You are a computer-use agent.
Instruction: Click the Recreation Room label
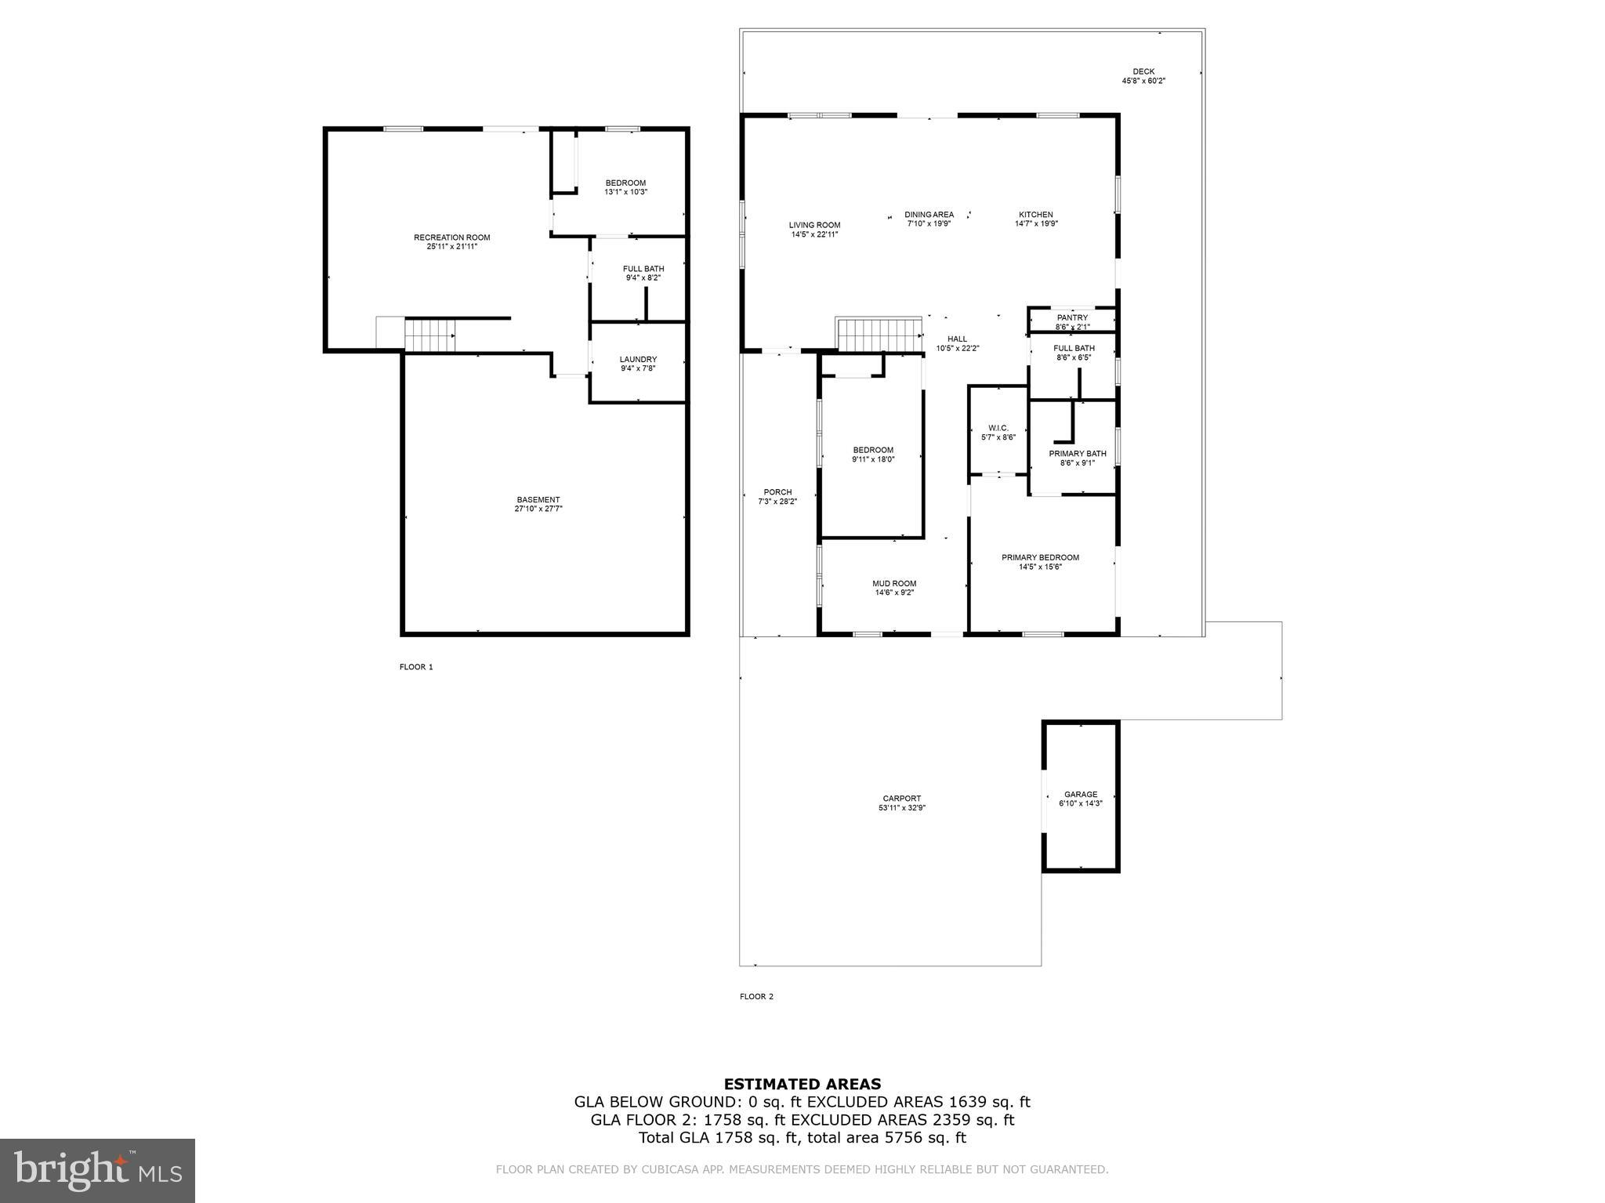[x=451, y=237]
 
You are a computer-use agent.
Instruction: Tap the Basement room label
[x=538, y=500]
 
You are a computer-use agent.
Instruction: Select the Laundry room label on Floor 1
[x=638, y=360]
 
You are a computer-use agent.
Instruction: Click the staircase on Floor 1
[x=429, y=335]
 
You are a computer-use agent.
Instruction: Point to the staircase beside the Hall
[x=879, y=335]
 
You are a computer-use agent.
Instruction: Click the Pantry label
[x=1072, y=317]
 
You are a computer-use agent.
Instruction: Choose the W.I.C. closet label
[x=998, y=428]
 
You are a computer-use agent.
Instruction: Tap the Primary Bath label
[x=1078, y=454]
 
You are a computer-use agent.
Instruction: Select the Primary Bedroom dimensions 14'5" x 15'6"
[x=1040, y=567]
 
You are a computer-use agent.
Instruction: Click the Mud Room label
[x=894, y=583]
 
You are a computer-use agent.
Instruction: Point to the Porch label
[x=777, y=492]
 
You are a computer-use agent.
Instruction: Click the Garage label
[x=1081, y=794]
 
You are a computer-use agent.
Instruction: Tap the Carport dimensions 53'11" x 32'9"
[x=902, y=808]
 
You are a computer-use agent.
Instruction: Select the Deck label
[x=1143, y=71]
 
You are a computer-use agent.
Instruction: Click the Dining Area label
[x=929, y=215]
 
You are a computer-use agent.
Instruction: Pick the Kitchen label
[x=1035, y=215]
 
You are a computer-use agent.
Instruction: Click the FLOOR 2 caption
[x=756, y=997]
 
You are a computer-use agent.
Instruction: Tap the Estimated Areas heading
[x=802, y=1085]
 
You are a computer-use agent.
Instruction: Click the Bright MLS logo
[x=97, y=1171]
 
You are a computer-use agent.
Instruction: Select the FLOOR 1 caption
[x=416, y=667]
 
